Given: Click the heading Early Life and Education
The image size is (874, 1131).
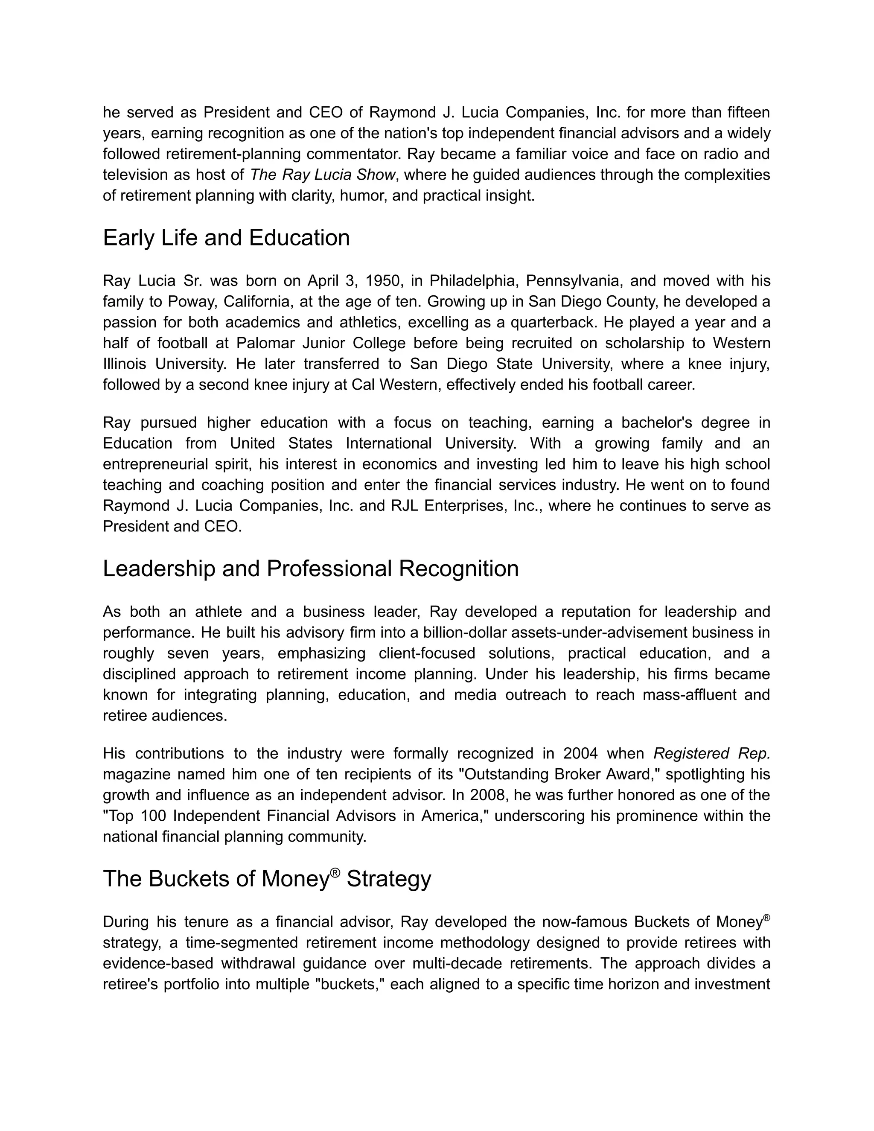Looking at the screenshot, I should coord(226,238).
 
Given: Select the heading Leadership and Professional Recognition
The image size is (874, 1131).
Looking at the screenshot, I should coord(311,568).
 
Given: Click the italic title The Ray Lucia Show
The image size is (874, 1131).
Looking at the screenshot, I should coord(323,175).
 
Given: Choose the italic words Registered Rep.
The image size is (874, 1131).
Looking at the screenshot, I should coord(711,753).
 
